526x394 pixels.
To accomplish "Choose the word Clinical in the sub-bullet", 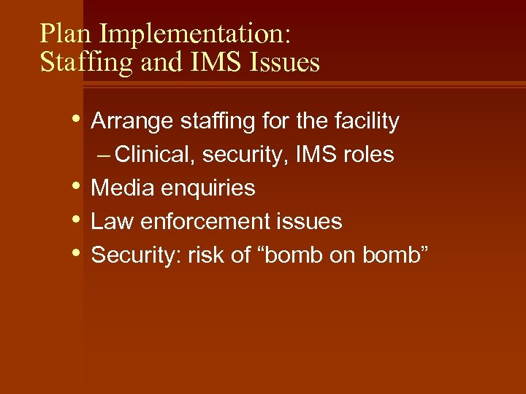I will (x=154, y=155).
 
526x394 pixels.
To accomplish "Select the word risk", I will (x=202, y=255).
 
